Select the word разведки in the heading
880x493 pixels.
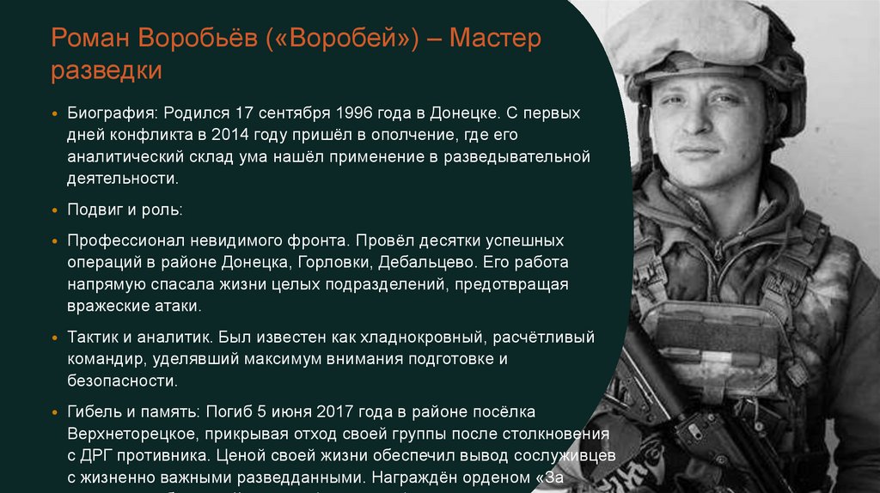click(x=106, y=70)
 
